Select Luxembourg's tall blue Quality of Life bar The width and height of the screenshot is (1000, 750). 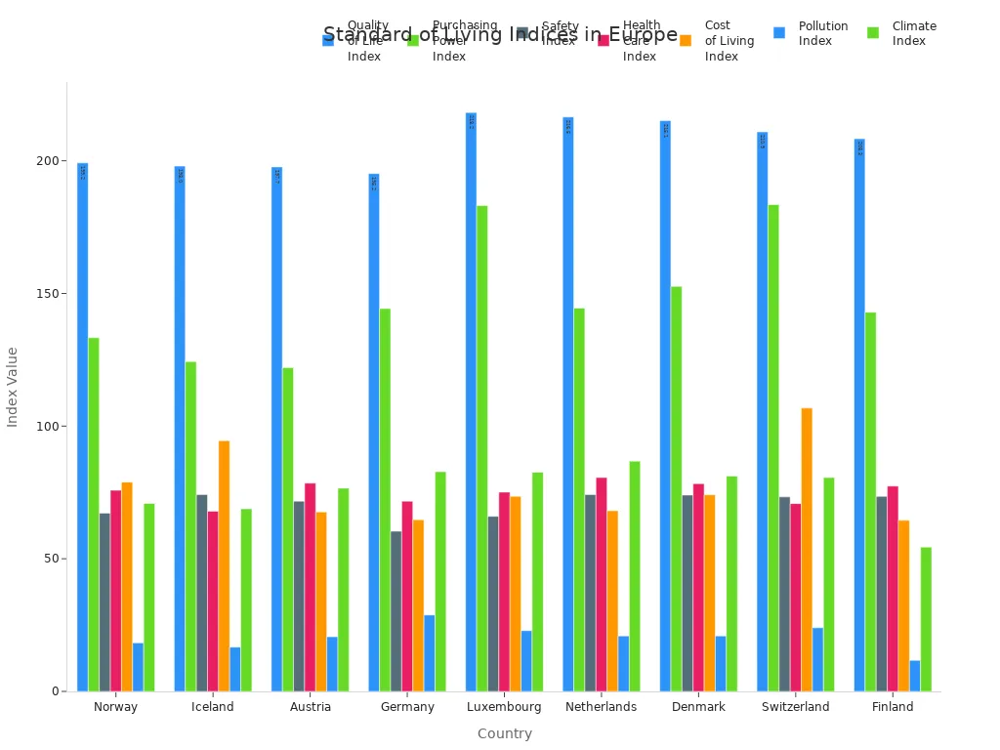[x=471, y=401]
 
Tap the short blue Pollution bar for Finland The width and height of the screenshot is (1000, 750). [x=915, y=676]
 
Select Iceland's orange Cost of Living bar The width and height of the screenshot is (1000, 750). [x=225, y=565]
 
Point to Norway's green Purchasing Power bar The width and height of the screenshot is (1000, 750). [x=94, y=514]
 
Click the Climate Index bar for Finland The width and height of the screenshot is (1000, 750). [x=926, y=619]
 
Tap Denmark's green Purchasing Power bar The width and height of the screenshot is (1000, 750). [x=676, y=488]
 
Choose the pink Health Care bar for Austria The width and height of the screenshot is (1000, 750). [x=311, y=587]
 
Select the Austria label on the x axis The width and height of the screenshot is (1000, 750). [x=311, y=707]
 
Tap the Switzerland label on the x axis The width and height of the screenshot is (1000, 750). [x=795, y=707]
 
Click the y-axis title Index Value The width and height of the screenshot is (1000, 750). [x=13, y=387]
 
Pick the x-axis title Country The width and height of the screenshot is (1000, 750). [x=505, y=733]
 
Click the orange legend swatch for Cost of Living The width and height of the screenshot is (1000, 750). [x=686, y=40]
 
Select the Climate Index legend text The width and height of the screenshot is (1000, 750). [x=914, y=33]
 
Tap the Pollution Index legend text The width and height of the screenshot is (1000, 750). [x=823, y=33]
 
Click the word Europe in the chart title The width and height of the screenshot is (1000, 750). [x=643, y=35]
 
